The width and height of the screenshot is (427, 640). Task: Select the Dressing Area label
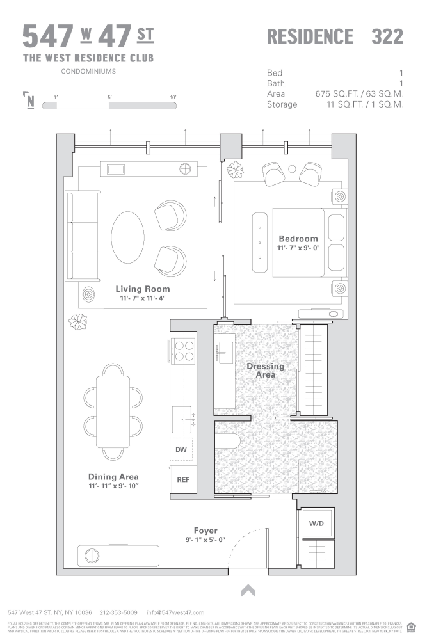[x=266, y=371]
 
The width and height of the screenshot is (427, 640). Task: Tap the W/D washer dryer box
[x=317, y=523]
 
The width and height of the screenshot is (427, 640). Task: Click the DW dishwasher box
[x=181, y=449]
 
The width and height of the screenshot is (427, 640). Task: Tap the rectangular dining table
[x=113, y=411]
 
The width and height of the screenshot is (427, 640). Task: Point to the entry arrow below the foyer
[x=248, y=590]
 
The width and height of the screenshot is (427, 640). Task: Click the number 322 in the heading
[x=387, y=36]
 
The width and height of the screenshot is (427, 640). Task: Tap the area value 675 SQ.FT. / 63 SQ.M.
[x=359, y=93]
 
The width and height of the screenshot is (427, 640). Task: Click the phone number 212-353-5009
[x=119, y=612]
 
